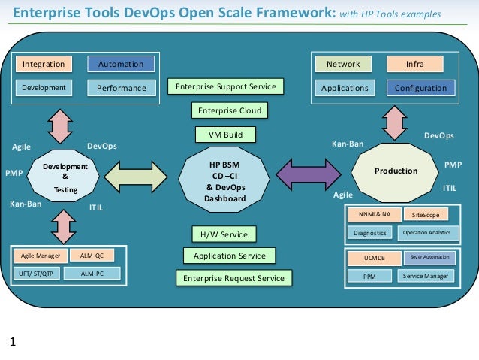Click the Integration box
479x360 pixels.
point(44,65)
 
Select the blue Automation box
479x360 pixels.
point(121,65)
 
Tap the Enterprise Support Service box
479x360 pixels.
point(226,87)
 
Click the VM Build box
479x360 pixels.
point(225,135)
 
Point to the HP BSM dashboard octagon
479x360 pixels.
point(225,181)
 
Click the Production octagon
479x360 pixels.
point(396,171)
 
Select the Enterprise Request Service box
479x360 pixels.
point(233,278)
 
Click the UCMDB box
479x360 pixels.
point(374,258)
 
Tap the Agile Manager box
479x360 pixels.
point(41,256)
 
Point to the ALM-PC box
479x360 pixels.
point(94,274)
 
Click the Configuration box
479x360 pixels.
point(420,88)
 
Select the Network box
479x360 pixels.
point(342,65)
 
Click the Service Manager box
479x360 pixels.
point(426,276)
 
